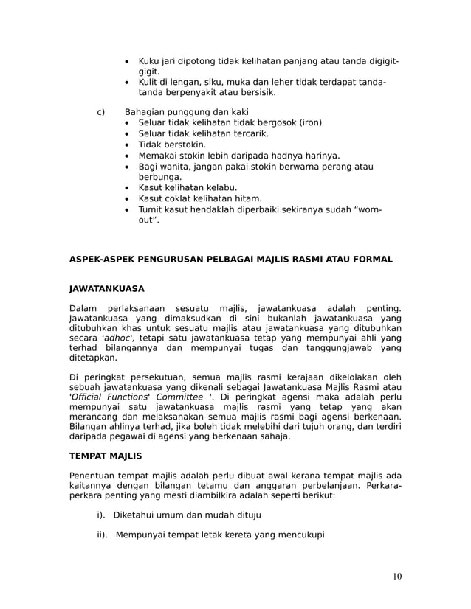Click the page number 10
pyautogui.click(x=397, y=576)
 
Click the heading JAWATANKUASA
pyautogui.click(x=106, y=288)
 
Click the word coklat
pyautogui.click(x=180, y=198)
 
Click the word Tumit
pyautogui.click(x=152, y=209)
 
